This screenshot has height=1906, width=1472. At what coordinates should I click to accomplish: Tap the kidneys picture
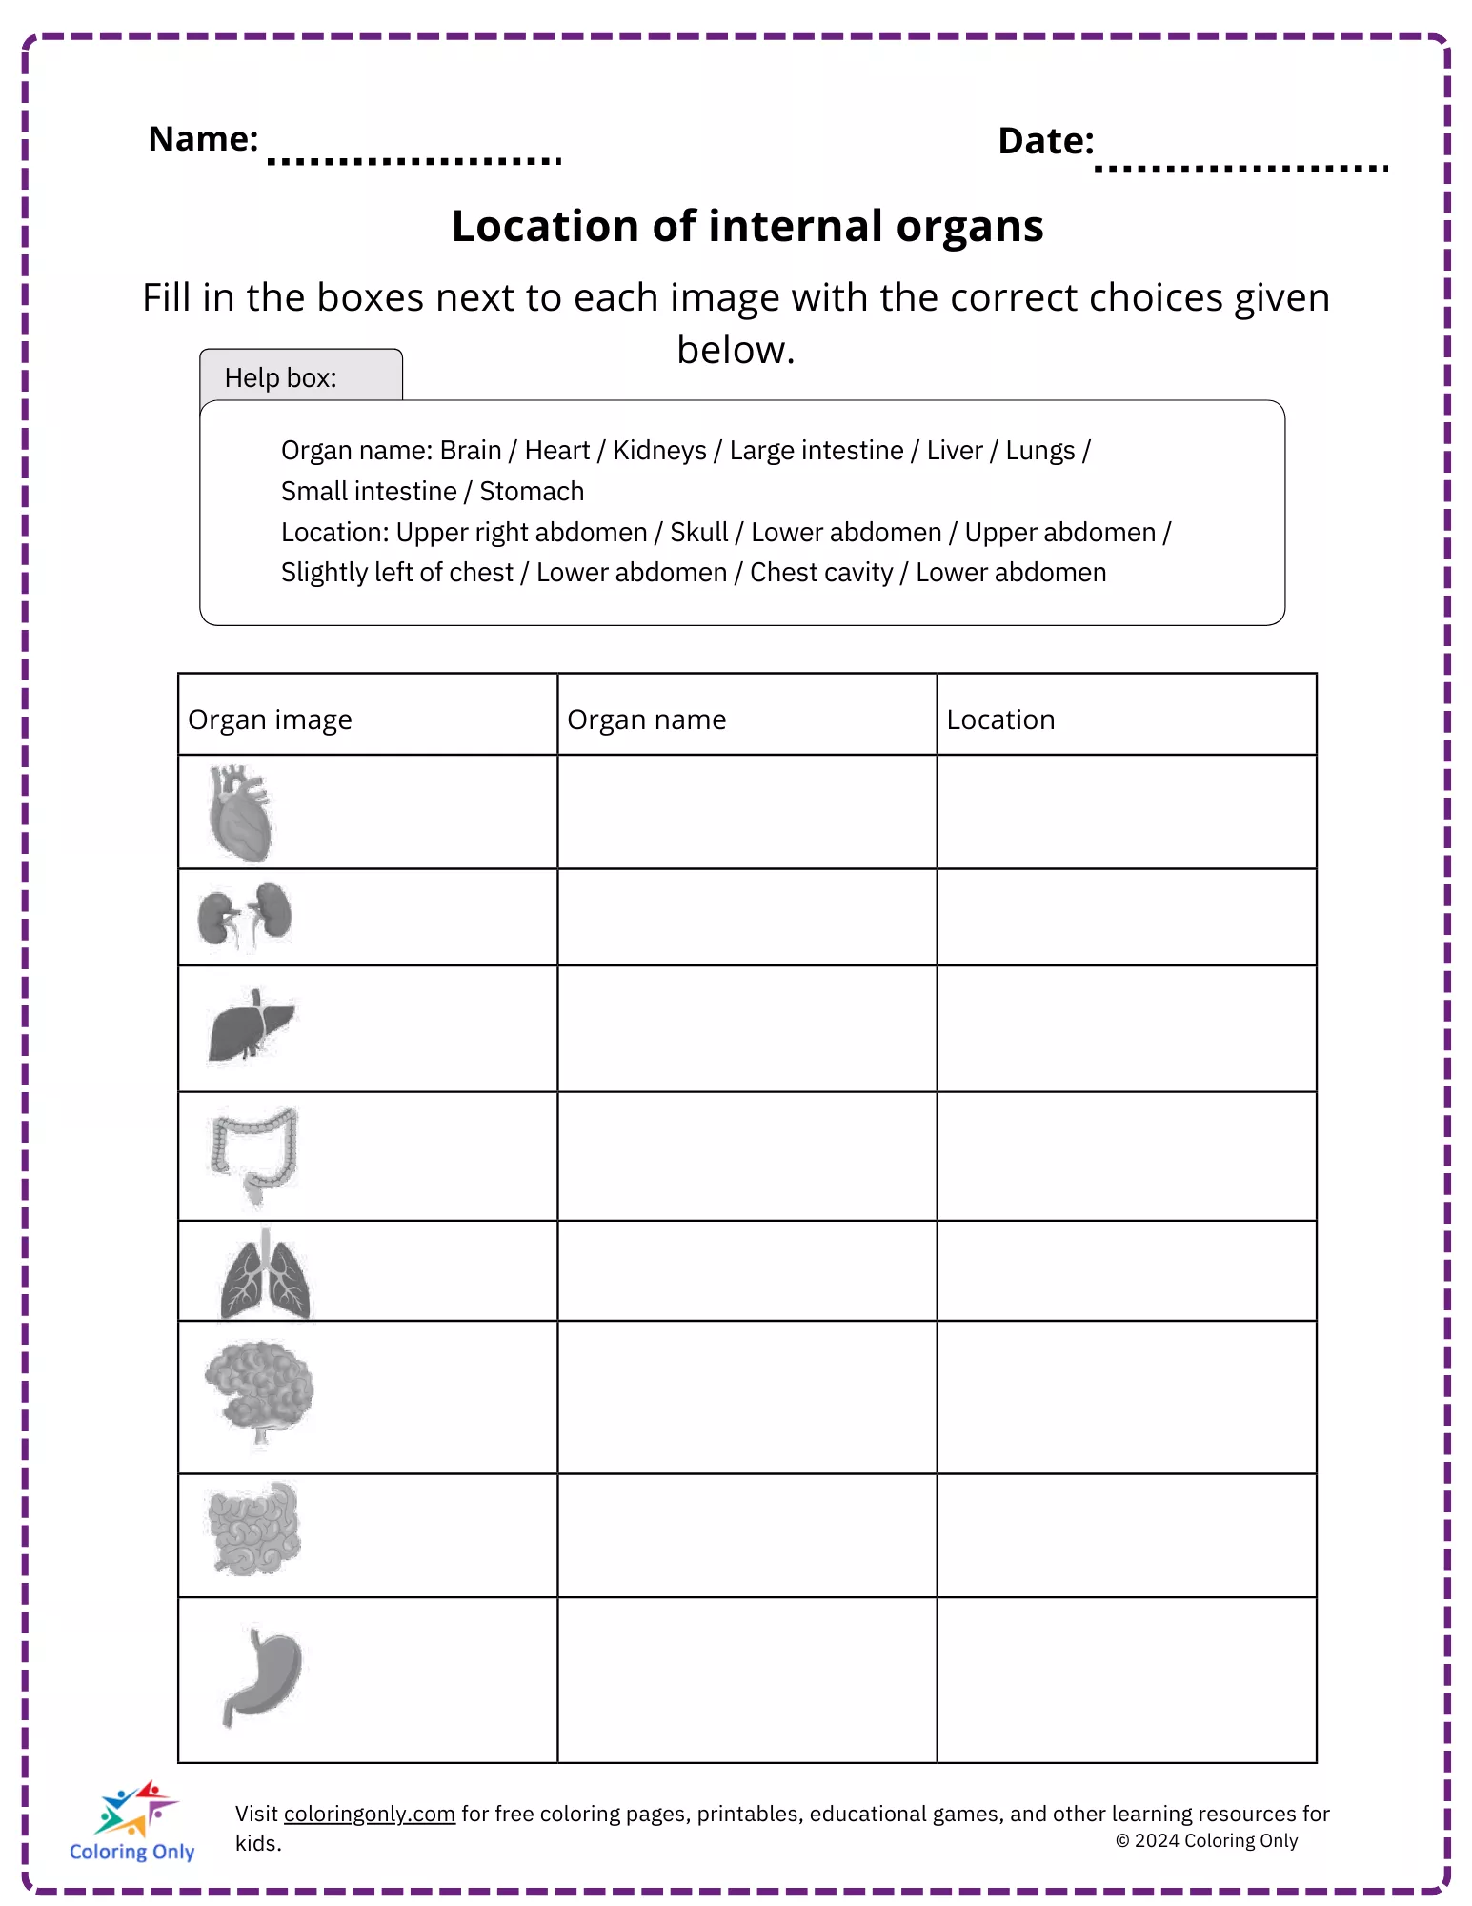pyautogui.click(x=245, y=917)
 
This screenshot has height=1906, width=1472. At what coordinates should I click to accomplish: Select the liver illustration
pyautogui.click(x=250, y=1026)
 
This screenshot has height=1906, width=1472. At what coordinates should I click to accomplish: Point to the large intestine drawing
pyautogui.click(x=253, y=1154)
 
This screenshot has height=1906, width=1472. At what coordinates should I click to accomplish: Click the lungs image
pyautogui.click(x=265, y=1275)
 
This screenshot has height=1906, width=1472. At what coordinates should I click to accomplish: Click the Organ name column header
pyautogui.click(x=646, y=720)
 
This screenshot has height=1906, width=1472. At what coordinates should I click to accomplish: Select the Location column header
pyautogui.click(x=1000, y=720)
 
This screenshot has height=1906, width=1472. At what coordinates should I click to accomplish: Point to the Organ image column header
pyautogui.click(x=270, y=720)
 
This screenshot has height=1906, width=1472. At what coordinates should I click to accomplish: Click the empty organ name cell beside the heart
pyautogui.click(x=747, y=812)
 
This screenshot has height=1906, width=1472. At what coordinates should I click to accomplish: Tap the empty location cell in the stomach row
pyautogui.click(x=1126, y=1679)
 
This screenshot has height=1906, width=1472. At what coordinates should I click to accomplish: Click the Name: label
pyautogui.click(x=203, y=139)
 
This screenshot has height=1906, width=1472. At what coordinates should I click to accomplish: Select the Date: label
pyautogui.click(x=1045, y=141)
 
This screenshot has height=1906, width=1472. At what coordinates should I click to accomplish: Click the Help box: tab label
pyautogui.click(x=280, y=378)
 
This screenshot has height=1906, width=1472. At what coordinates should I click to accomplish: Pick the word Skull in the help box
pyautogui.click(x=698, y=532)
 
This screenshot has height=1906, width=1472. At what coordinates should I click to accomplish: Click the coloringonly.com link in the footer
pyautogui.click(x=369, y=1814)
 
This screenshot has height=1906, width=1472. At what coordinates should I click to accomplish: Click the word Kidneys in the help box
pyautogui.click(x=659, y=450)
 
